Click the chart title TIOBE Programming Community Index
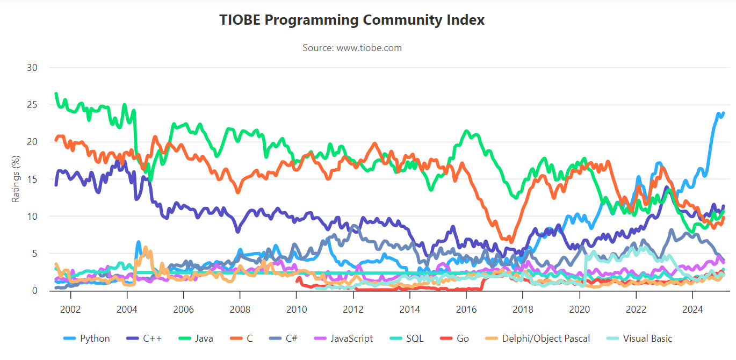tap(352, 20)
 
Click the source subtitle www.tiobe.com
tap(352, 48)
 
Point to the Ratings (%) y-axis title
tap(16, 179)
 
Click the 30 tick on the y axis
tap(32, 68)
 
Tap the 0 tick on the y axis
tap(35, 291)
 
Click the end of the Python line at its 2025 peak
tap(723, 113)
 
